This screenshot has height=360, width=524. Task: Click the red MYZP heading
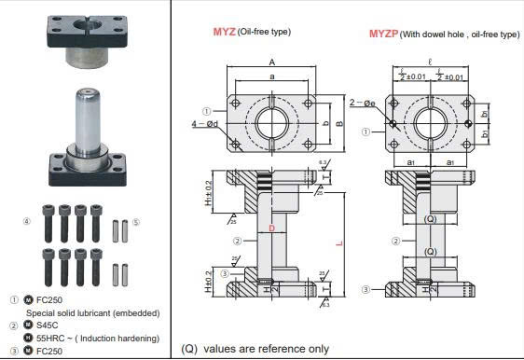(x=382, y=35)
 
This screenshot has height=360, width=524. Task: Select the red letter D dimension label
(x=271, y=228)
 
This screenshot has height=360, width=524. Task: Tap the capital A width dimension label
(x=271, y=63)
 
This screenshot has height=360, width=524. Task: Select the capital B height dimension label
(x=340, y=121)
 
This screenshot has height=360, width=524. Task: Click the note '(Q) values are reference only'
(x=255, y=349)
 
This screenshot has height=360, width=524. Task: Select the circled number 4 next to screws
(x=27, y=221)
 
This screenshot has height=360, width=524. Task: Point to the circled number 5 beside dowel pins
(x=136, y=222)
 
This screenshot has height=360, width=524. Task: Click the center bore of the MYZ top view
(x=271, y=121)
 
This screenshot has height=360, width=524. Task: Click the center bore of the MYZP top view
(x=430, y=122)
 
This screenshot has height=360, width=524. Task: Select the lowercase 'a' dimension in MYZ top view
(x=271, y=76)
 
